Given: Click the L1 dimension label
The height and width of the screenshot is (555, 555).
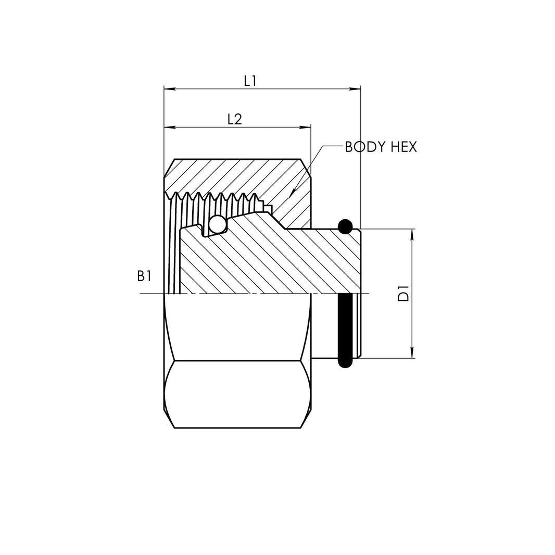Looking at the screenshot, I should [250, 81].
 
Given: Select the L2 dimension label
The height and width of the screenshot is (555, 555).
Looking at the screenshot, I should [235, 119].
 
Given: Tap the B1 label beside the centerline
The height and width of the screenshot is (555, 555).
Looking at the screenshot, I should [144, 276].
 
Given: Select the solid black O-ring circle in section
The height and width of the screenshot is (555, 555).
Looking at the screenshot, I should [345, 226].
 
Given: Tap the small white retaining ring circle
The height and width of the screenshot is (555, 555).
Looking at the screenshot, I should [217, 225].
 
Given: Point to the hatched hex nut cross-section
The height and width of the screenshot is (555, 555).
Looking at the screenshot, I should [234, 177].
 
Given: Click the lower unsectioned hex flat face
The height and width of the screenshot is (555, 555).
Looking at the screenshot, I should [237, 394].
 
